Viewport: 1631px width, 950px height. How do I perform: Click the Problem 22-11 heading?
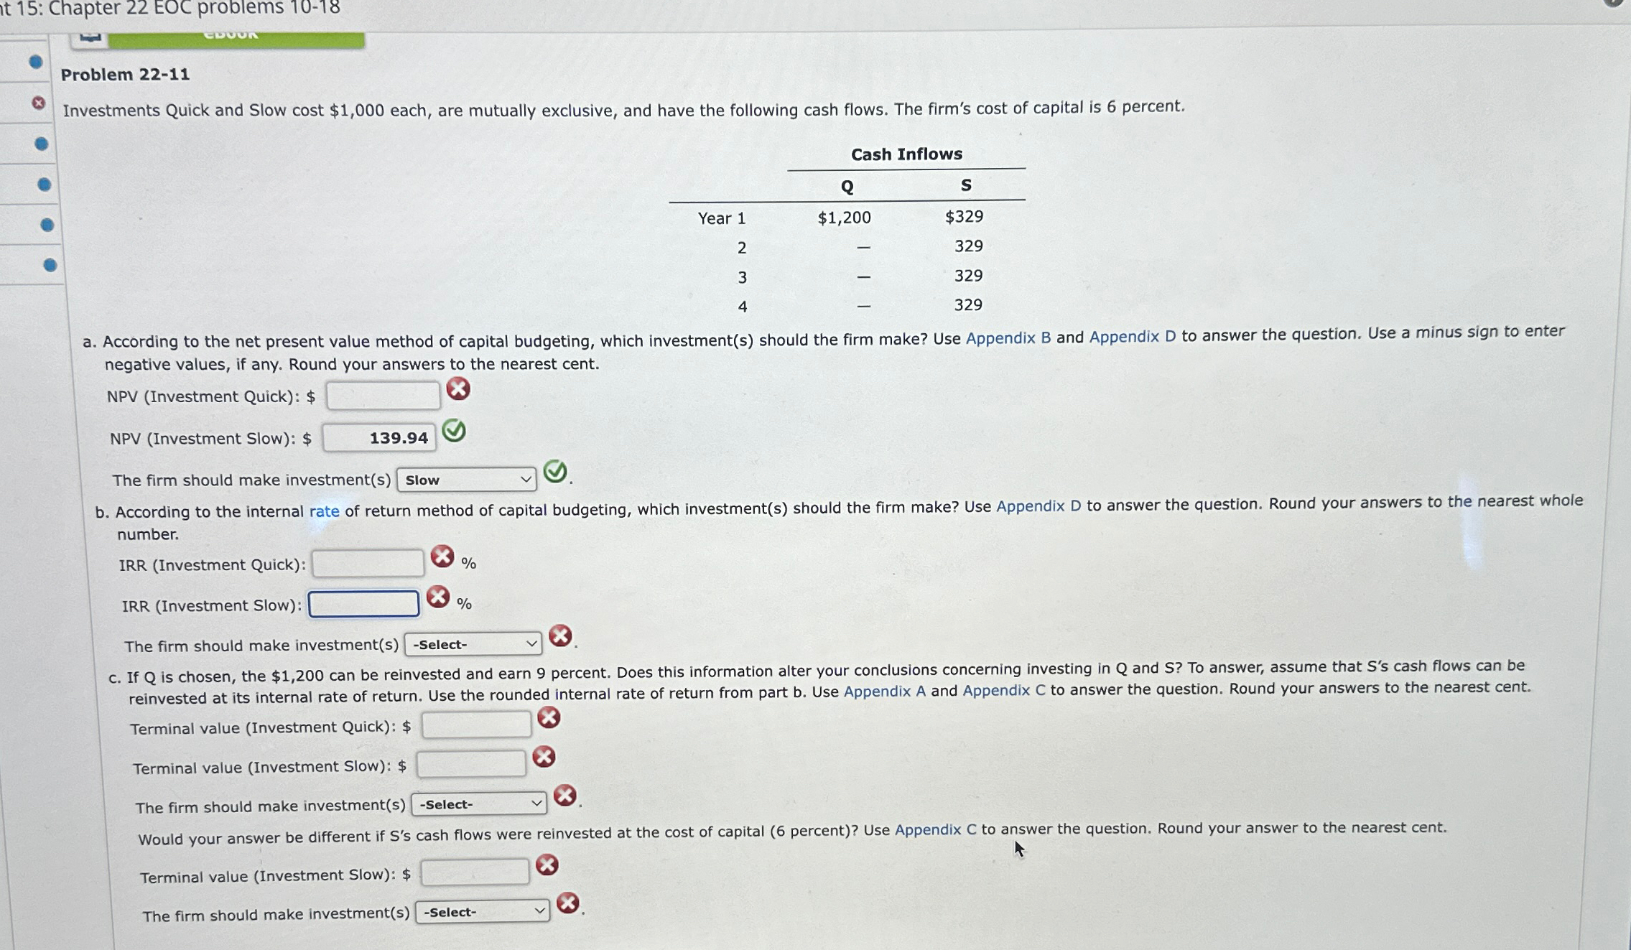(x=125, y=75)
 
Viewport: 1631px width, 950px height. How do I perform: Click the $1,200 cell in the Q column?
(x=844, y=218)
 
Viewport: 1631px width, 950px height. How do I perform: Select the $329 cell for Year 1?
(x=964, y=216)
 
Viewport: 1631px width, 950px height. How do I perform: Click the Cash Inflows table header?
(x=906, y=154)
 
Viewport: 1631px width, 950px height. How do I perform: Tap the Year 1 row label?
(x=722, y=218)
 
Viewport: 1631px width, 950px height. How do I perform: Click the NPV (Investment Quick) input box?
(x=383, y=396)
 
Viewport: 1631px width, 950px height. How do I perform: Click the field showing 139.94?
(x=379, y=437)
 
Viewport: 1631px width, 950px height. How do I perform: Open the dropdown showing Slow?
(x=467, y=480)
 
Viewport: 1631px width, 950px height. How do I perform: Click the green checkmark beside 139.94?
(x=454, y=431)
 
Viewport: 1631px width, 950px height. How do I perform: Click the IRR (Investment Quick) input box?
(x=368, y=564)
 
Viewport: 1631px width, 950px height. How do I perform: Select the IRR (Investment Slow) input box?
(x=364, y=604)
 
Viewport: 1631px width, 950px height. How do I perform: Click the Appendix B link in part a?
(x=1008, y=337)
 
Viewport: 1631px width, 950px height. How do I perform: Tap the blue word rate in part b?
(x=324, y=511)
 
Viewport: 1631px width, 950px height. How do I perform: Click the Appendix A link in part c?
(x=884, y=691)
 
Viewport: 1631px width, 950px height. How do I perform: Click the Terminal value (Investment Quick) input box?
(x=476, y=725)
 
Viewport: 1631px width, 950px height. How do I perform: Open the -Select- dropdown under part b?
(x=473, y=644)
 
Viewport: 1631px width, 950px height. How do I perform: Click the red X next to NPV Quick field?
(x=458, y=389)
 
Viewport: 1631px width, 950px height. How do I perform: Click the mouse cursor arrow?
(x=1019, y=849)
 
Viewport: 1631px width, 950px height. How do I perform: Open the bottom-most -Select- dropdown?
(x=483, y=912)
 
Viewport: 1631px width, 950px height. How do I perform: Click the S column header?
(x=966, y=185)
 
